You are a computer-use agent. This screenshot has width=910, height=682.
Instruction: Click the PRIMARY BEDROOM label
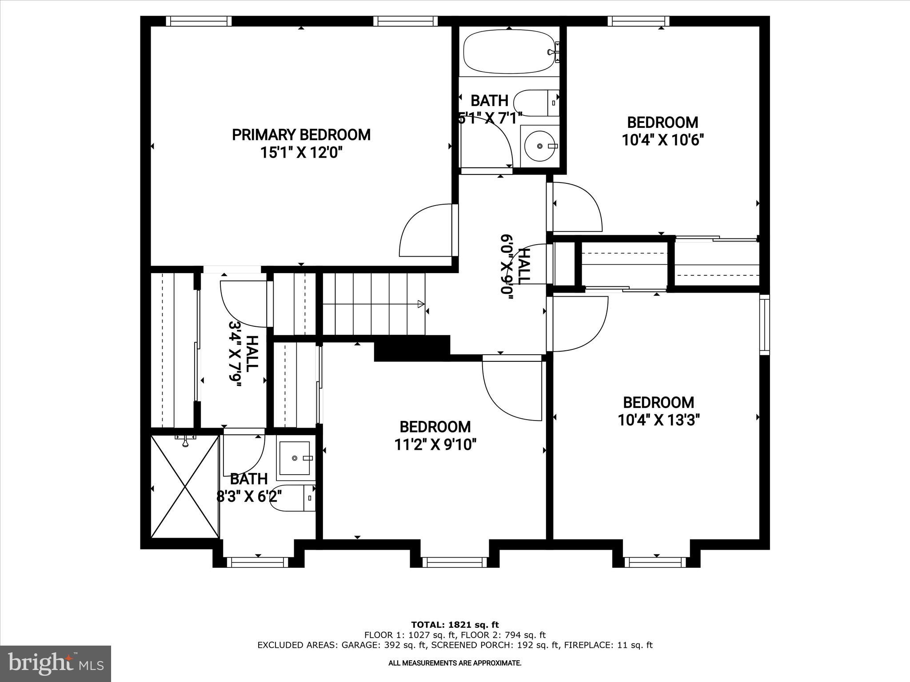tap(301, 135)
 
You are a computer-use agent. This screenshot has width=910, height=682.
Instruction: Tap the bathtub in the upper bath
tap(509, 52)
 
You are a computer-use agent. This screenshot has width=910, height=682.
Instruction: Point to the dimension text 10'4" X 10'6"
tap(663, 140)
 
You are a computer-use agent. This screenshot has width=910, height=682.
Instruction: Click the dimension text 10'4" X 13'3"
tap(659, 420)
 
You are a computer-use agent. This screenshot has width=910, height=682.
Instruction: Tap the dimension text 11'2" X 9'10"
tap(435, 444)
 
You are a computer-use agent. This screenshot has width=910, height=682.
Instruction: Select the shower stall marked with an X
tap(185, 486)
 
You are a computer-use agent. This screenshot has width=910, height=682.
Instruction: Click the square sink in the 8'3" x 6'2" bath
tap(294, 458)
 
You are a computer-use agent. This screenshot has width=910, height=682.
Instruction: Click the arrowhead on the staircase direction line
tap(420, 304)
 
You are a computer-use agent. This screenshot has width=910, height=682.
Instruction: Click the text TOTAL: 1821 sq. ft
tap(455, 625)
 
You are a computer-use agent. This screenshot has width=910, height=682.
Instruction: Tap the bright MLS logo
tap(55, 664)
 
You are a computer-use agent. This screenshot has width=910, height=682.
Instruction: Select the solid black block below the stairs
tap(411, 348)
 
